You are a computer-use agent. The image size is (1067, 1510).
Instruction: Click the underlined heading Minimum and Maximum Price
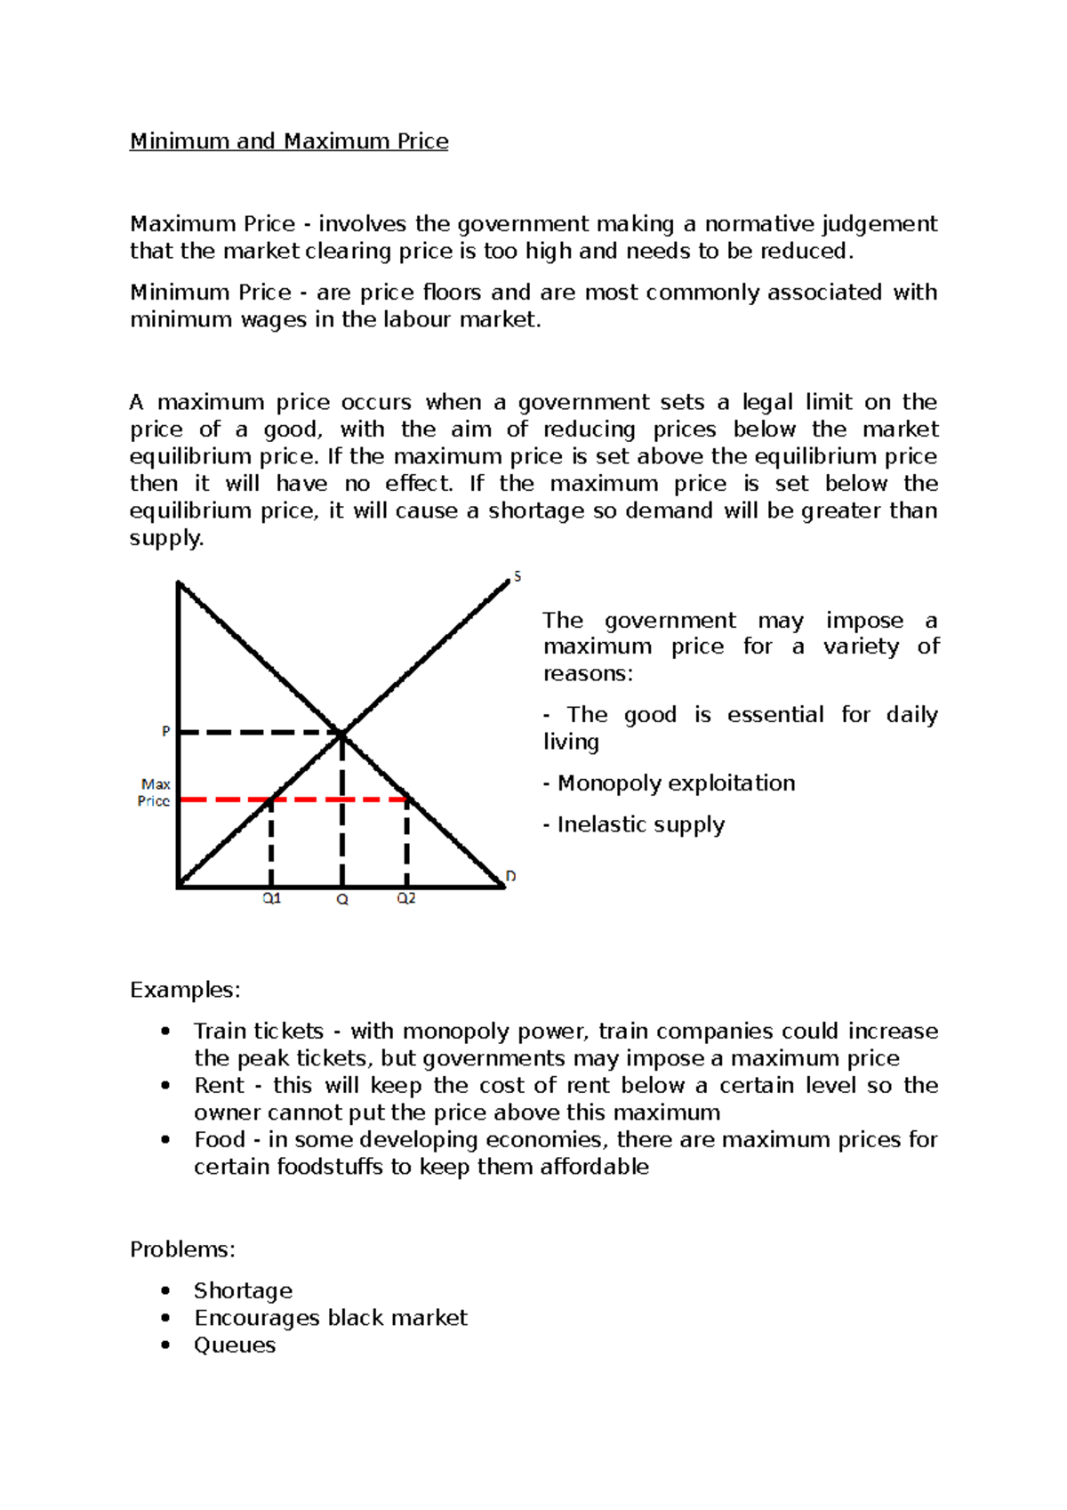(x=289, y=141)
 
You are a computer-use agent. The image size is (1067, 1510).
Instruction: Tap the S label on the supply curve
(x=517, y=577)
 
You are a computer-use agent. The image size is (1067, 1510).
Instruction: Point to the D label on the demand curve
(x=510, y=877)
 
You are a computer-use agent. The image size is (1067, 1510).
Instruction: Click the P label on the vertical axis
(x=165, y=732)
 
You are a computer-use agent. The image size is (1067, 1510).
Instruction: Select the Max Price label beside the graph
(x=155, y=792)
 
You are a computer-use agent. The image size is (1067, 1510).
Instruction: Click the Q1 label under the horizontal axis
(x=271, y=899)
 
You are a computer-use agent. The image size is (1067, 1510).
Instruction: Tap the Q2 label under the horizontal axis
(x=406, y=899)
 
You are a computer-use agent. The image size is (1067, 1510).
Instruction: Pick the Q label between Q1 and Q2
(x=342, y=900)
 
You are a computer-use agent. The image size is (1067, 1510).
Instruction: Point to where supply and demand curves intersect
(x=342, y=733)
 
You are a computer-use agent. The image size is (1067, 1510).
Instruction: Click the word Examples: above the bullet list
(x=185, y=990)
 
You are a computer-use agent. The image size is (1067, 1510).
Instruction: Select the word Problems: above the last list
(x=182, y=1249)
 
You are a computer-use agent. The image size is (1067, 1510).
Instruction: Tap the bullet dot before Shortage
(x=165, y=1290)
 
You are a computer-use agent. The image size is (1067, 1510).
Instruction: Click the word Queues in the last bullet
(x=235, y=1345)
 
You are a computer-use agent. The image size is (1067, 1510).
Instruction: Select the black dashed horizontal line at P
(x=258, y=733)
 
